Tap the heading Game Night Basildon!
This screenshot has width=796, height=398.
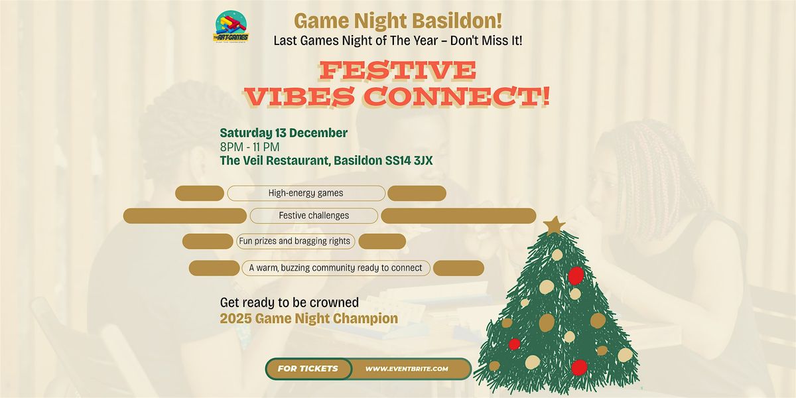click(x=397, y=21)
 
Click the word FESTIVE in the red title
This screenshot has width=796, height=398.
click(x=397, y=70)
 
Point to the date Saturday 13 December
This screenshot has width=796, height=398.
click(x=284, y=133)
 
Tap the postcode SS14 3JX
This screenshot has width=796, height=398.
click(x=404, y=159)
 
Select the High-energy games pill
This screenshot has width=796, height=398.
click(x=306, y=193)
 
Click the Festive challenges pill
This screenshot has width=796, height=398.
click(x=314, y=216)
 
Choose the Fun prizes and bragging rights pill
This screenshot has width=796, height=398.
click(x=295, y=241)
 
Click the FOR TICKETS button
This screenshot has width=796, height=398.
click(x=308, y=369)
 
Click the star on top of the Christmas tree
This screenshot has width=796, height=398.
click(x=553, y=225)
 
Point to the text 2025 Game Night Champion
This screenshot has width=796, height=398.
click(x=309, y=318)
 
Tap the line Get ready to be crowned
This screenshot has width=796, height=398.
click(x=289, y=302)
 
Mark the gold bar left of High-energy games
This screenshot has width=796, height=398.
click(x=200, y=193)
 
